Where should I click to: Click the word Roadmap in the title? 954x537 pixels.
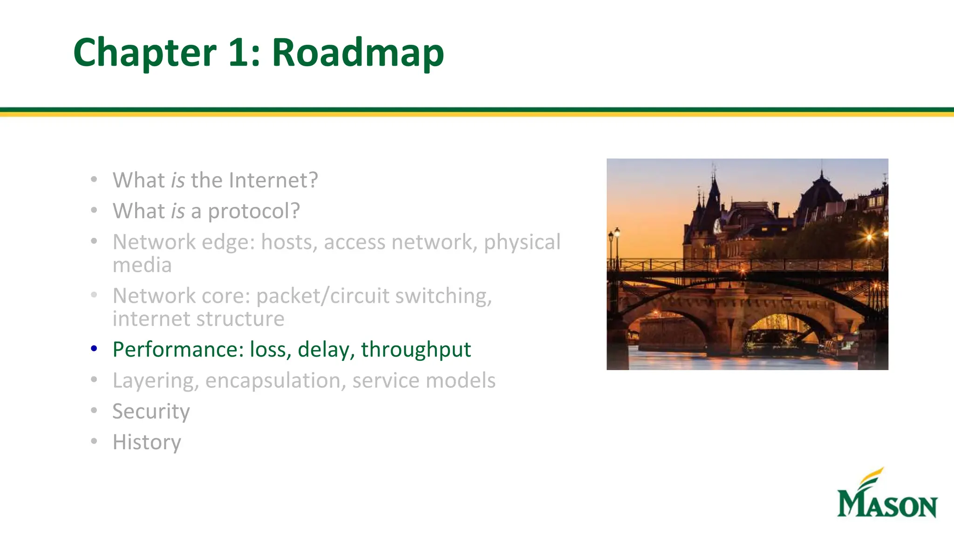click(358, 53)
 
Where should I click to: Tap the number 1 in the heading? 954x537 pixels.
click(239, 53)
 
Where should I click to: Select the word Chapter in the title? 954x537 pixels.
click(145, 53)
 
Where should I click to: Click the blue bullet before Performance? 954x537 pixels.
click(94, 348)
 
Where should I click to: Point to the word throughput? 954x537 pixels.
click(416, 350)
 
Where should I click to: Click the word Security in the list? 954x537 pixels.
click(151, 411)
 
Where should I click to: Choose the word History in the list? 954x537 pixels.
click(147, 442)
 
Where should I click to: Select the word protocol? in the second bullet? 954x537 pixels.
click(254, 211)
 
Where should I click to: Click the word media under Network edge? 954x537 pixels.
click(142, 265)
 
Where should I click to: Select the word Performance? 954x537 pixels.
click(178, 350)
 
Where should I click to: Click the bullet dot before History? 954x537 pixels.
click(94, 441)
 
